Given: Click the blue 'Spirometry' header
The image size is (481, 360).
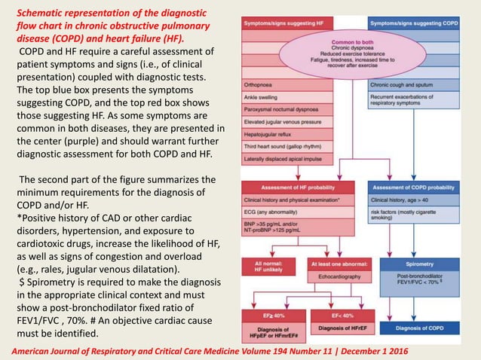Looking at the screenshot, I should (418, 265).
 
